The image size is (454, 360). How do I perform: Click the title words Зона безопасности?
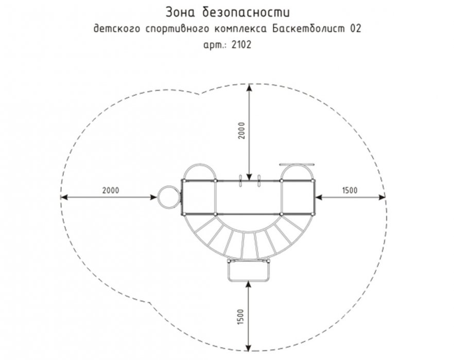pos(228,12)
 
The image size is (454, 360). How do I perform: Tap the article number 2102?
pos(241,45)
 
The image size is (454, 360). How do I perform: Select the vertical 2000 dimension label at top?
pos(241,131)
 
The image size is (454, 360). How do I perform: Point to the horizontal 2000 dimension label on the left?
pos(111,190)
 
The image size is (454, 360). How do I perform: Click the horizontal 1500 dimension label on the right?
pos(350,190)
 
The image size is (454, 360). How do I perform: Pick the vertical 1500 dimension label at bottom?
pos(241,317)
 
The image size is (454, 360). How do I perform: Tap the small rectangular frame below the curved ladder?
pos(249,281)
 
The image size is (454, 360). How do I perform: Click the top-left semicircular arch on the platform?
pos(200,165)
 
